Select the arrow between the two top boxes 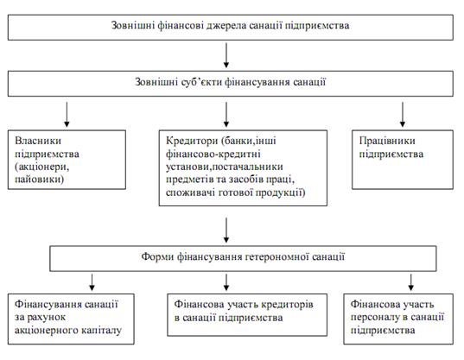pos(226,55)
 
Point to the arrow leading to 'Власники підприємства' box pos(67,115)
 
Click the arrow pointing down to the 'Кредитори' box pos(226,115)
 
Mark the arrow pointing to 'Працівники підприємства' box pos(403,115)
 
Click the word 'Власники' pos(38,141)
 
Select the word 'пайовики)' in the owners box pos(40,180)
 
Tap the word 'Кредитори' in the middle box pos(192,141)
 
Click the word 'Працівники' pos(387,141)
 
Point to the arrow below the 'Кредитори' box pos(226,231)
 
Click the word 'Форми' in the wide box pos(157,256)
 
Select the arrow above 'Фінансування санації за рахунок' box pos(92,282)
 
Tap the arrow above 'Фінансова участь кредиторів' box pos(226,282)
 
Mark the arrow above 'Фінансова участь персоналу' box pos(410,282)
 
